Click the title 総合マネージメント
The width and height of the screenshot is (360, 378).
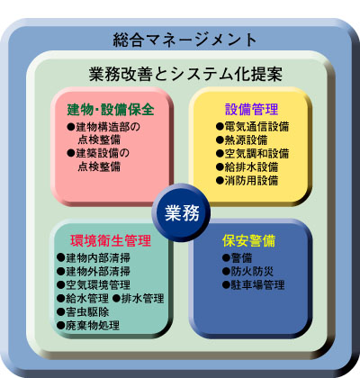[184, 40]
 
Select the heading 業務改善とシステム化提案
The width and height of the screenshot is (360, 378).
[185, 74]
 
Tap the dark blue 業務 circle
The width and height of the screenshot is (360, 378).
[181, 213]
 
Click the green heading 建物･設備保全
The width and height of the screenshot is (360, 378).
[111, 110]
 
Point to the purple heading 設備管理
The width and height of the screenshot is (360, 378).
[252, 109]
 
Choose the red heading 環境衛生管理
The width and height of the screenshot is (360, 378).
[111, 240]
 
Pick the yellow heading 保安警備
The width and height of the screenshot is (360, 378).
[248, 240]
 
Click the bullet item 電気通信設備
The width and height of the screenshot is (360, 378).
[253, 127]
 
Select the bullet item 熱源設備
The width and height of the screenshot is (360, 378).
[242, 140]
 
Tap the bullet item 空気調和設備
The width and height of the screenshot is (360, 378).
[253, 154]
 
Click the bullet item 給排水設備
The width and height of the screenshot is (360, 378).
[247, 167]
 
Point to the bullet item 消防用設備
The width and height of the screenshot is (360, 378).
[247, 181]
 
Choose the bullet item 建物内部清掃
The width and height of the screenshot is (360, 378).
[94, 257]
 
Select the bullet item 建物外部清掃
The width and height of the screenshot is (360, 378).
[94, 271]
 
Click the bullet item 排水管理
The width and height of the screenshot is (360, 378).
[139, 299]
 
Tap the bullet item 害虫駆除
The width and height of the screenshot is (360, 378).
[83, 312]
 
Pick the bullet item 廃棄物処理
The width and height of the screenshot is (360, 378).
[88, 326]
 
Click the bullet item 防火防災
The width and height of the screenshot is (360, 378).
[247, 271]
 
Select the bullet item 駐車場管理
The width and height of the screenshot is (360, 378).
[253, 284]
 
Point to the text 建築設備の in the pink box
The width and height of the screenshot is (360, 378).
[98, 153]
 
